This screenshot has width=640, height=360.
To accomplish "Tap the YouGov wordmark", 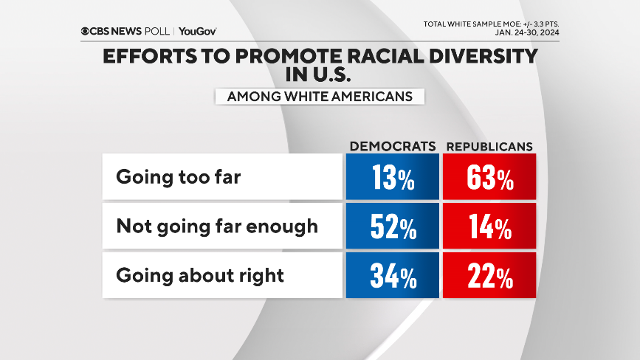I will coord(198,31).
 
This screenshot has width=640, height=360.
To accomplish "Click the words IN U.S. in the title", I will coord(319,75).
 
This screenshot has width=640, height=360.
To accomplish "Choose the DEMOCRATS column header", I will coord(392,146).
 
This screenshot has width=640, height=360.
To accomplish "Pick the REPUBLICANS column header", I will coord(489,146).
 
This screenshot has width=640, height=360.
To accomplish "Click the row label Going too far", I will coord(178,178).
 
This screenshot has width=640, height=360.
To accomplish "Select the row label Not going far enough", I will coord(217,226).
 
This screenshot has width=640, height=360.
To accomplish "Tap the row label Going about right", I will coord(200,275).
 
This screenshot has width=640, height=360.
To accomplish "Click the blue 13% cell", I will coord(392,179).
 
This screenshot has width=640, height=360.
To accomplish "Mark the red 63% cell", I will coord(489,179).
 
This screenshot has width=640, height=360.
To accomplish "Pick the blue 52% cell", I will coord(392,227).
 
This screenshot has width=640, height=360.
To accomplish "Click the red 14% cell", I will coord(489,227).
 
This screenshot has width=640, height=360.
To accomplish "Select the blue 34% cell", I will coord(392,276).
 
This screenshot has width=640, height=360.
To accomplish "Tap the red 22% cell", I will coord(489,276).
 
